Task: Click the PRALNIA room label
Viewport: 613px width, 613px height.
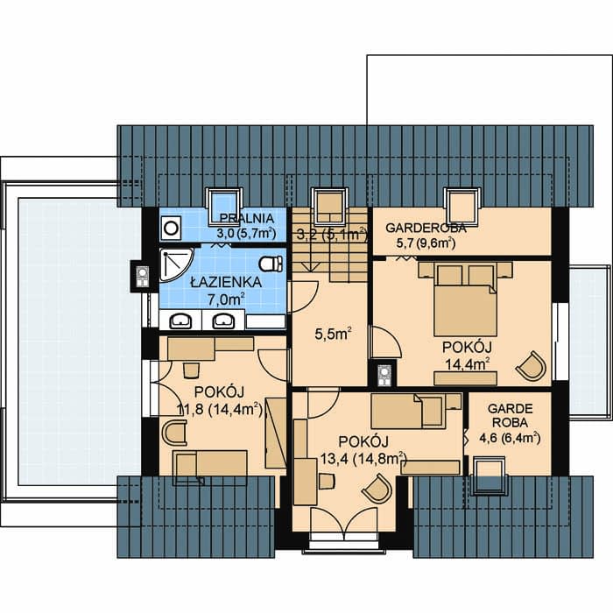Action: (246, 218)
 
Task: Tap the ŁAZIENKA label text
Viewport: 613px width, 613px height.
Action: (226, 282)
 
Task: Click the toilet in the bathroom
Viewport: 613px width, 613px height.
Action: (271, 264)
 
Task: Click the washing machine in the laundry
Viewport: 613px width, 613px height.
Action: (171, 228)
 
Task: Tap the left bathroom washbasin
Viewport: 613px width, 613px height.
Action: (180, 321)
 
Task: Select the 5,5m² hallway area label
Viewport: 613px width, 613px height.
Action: (333, 335)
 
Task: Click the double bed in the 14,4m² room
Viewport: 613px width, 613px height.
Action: (465, 299)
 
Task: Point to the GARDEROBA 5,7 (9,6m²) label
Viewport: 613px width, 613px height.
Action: (426, 236)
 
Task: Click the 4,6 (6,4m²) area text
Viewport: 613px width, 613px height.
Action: (510, 438)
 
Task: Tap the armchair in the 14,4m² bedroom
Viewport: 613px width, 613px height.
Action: (532, 366)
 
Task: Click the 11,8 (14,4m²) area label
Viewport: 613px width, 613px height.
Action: (220, 409)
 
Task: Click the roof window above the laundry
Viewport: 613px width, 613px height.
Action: (224, 207)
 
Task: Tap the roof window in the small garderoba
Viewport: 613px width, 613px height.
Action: (489, 476)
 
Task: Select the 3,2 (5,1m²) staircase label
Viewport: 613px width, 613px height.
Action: (332, 235)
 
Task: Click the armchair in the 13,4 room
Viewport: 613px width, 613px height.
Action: (377, 489)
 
